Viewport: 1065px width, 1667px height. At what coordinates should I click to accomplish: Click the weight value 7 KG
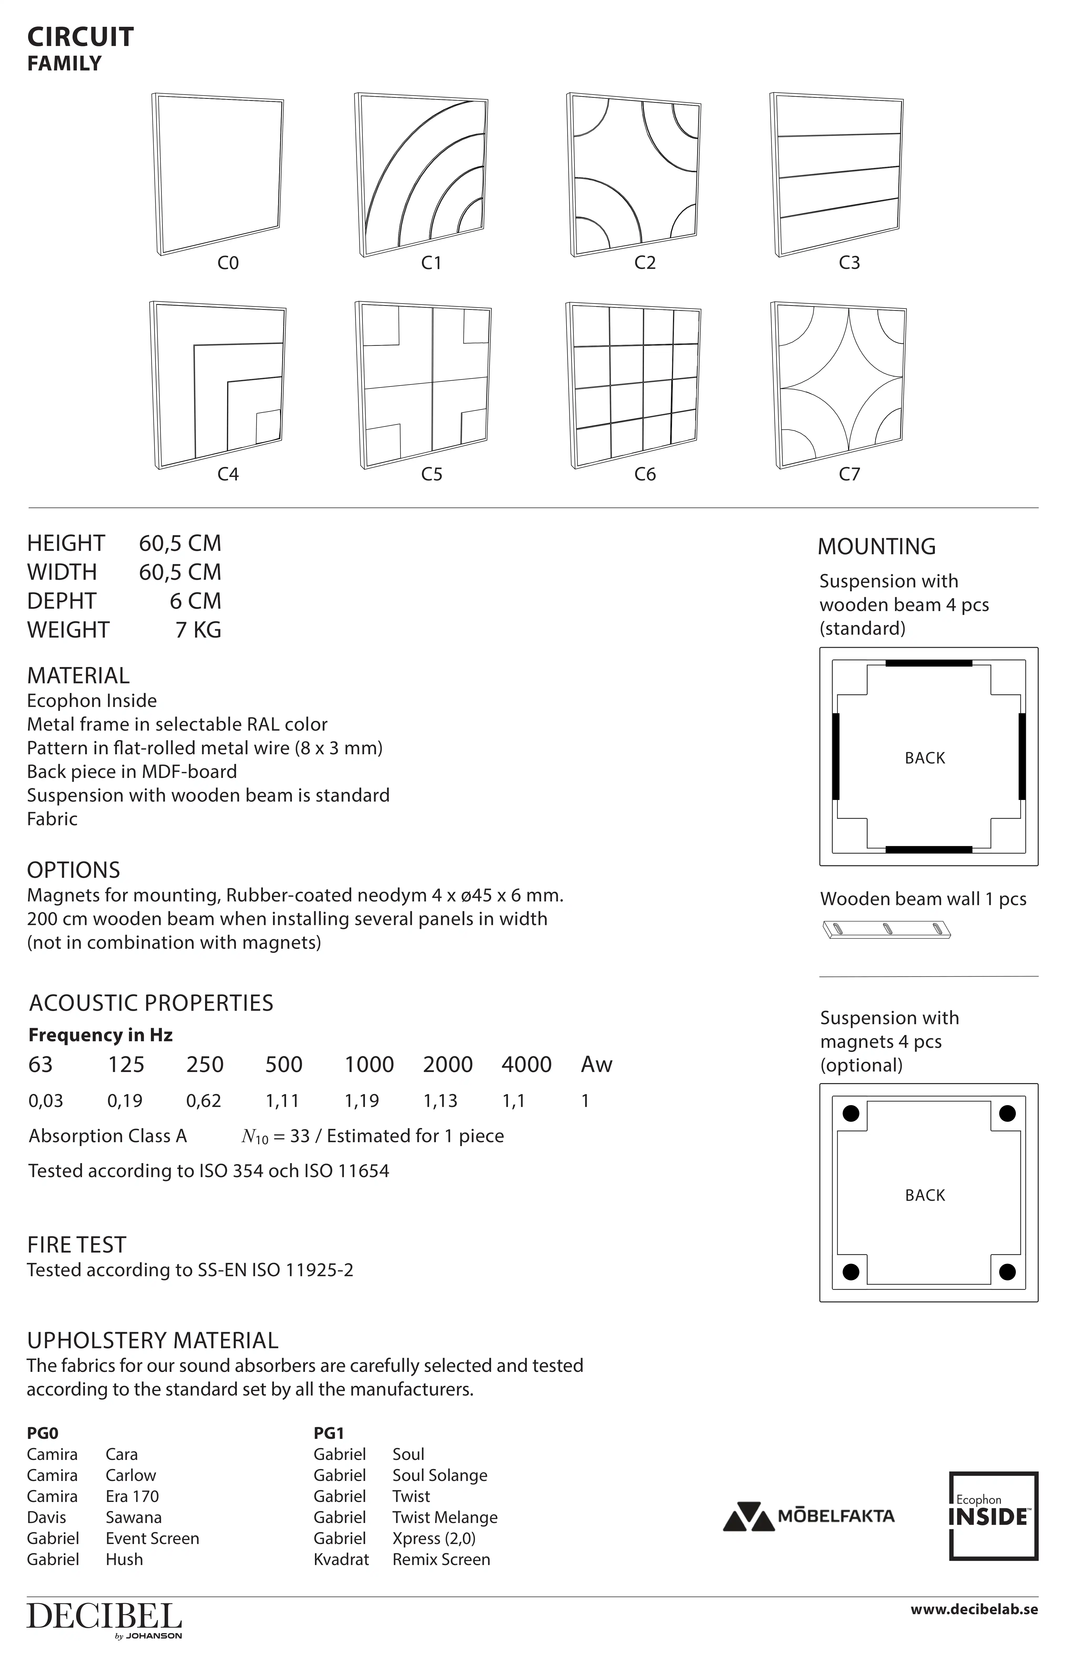198,630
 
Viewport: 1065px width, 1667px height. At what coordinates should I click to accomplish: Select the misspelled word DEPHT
62,601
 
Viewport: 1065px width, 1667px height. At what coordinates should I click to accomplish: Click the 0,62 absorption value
203,1101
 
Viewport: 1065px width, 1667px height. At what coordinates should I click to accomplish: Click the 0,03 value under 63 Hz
46,1101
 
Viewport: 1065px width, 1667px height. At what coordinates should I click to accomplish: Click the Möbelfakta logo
809,1516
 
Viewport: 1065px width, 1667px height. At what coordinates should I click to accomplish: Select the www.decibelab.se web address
974,1609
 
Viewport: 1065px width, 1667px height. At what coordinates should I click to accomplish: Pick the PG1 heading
329,1433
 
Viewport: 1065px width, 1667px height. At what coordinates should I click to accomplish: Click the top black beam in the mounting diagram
929,663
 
